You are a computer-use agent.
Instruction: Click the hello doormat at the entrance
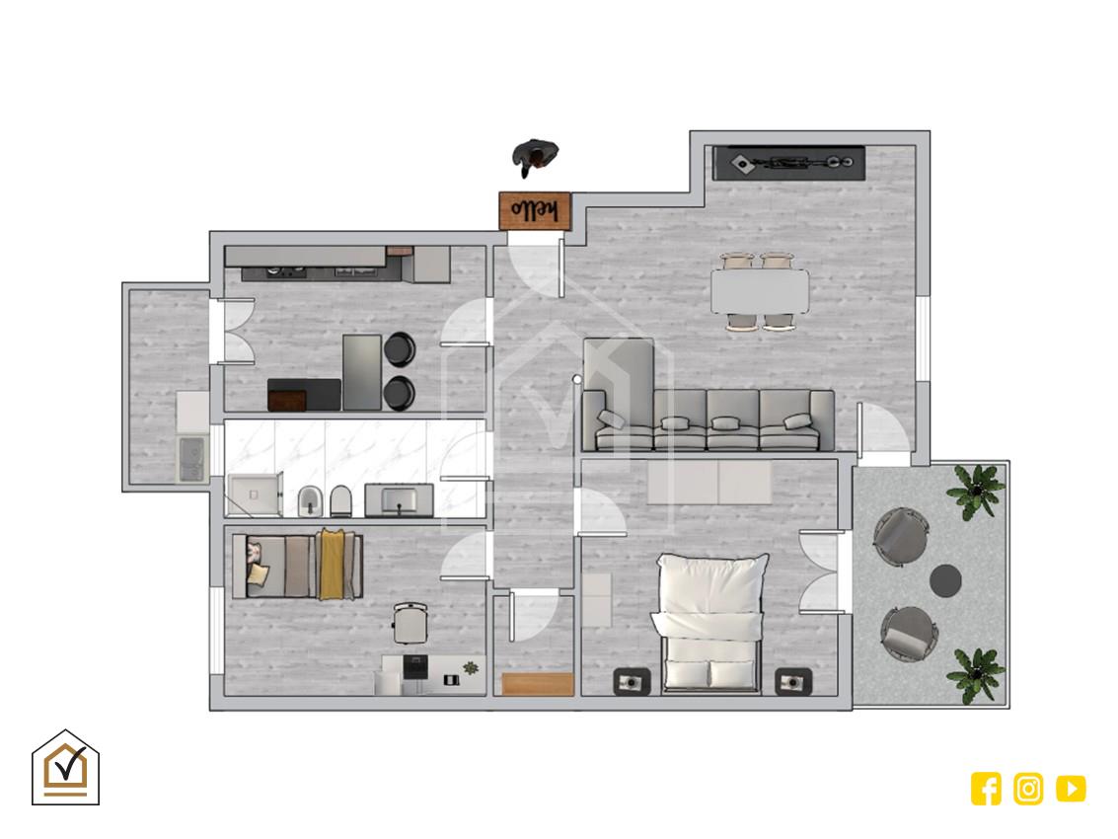[535, 210]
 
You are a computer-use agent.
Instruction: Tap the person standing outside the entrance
[535, 156]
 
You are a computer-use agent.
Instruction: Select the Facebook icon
[986, 789]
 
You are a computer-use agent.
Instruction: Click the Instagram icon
[1028, 789]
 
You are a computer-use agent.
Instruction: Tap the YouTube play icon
[1071, 789]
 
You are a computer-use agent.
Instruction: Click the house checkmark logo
[65, 768]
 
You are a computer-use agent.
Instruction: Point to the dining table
[760, 290]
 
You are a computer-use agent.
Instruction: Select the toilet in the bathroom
[340, 500]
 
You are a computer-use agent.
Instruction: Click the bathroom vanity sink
[400, 499]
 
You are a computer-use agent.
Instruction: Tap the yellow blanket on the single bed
[331, 565]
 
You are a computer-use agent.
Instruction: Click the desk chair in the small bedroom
[410, 623]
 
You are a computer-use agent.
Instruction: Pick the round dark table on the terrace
[945, 580]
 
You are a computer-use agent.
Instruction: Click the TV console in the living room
[788, 164]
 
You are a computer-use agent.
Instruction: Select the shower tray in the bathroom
[255, 494]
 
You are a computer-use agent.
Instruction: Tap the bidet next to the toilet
[310, 500]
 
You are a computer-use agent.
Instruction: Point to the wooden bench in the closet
[538, 683]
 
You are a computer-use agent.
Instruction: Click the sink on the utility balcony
[191, 459]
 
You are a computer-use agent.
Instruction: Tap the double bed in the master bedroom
[710, 623]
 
